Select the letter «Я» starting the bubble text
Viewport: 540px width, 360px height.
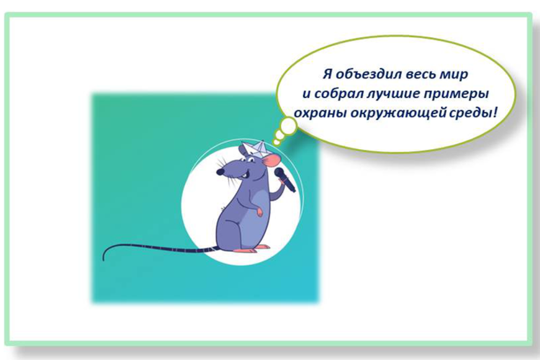pos(327,74)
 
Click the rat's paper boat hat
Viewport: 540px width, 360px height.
pos(254,148)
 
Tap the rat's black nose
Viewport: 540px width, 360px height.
pos(220,171)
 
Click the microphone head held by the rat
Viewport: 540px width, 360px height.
pos(279,173)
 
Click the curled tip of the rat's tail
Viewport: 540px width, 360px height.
pos(104,256)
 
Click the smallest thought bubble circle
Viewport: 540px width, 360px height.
pos(276,142)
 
